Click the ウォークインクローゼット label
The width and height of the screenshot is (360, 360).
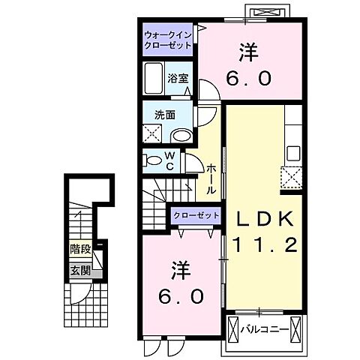click(x=169, y=38)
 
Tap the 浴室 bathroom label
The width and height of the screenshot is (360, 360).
click(x=177, y=77)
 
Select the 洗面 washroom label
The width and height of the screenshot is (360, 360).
click(x=165, y=115)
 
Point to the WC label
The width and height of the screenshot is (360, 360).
click(x=170, y=160)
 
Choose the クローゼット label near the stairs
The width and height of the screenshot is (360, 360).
click(x=196, y=215)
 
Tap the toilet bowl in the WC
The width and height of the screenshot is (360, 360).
click(x=153, y=160)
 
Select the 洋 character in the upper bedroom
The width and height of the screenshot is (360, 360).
click(x=249, y=53)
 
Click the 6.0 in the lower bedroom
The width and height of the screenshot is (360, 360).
click(x=181, y=296)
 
